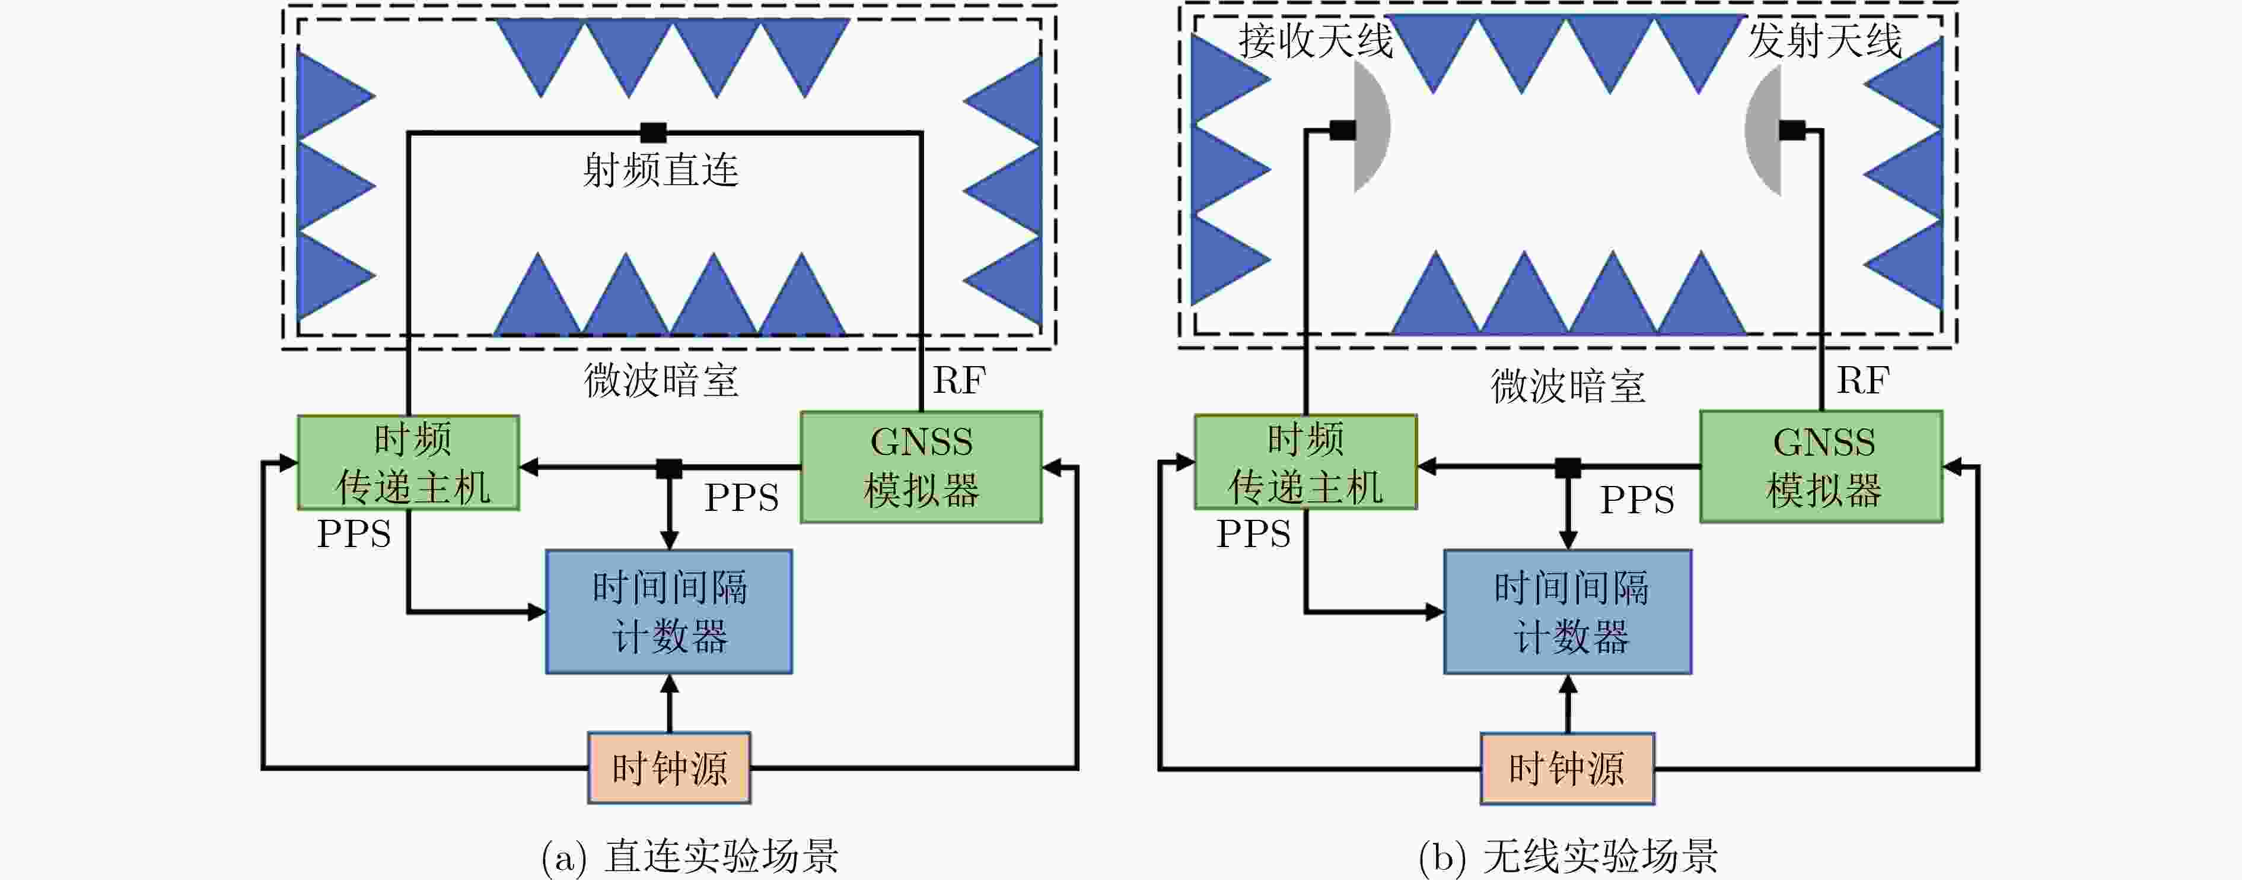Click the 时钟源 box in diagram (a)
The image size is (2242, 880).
click(x=668, y=768)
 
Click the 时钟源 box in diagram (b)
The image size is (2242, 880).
click(x=1568, y=768)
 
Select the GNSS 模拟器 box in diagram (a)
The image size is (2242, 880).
click(x=921, y=466)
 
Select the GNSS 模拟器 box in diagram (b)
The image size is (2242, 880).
click(x=1821, y=466)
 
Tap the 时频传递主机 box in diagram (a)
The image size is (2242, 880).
click(x=408, y=462)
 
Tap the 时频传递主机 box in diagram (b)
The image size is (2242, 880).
click(x=1305, y=462)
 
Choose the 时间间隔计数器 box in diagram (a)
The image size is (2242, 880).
click(x=668, y=611)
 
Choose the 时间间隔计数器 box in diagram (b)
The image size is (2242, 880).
click(x=1568, y=611)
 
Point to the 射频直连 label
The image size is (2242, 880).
click(x=661, y=170)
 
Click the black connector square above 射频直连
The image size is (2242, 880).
click(x=653, y=132)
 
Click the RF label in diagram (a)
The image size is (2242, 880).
click(x=959, y=380)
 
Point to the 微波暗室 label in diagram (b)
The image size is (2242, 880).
click(x=1568, y=386)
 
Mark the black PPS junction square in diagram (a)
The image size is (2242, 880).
click(x=668, y=468)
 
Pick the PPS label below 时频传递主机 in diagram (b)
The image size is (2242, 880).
click(x=1253, y=533)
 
